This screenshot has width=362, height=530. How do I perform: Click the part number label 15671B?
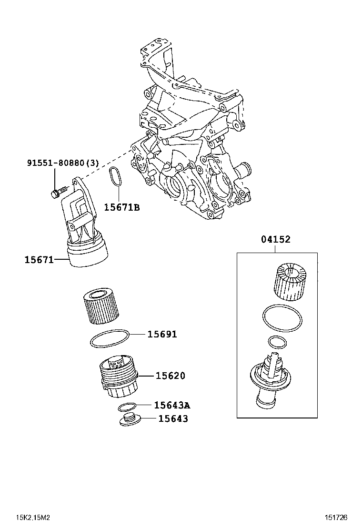coord(122,207)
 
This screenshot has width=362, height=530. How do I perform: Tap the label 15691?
coord(162,335)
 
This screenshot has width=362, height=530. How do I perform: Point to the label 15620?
coord(170,376)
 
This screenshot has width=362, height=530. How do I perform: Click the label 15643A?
coord(172,405)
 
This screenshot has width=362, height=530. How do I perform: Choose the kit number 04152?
coord(275,240)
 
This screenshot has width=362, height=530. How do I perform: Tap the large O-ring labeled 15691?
coord(109,339)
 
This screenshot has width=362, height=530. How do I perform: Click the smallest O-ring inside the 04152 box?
coord(277,342)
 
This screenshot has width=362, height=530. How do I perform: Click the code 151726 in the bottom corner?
coord(336,518)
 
